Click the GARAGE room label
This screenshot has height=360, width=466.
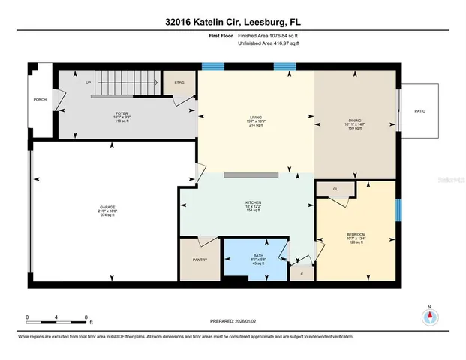point(108,205)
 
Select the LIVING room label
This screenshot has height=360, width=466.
point(256,118)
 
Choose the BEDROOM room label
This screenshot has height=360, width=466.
point(355,235)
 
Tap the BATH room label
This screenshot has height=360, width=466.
point(257,255)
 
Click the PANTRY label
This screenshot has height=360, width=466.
point(200,259)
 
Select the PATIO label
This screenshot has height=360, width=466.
point(419,110)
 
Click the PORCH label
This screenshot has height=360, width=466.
point(40,100)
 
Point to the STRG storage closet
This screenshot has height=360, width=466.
point(179,83)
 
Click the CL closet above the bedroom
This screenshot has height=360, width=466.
point(335,190)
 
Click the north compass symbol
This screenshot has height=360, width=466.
point(429,316)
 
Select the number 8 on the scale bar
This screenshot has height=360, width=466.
point(87,316)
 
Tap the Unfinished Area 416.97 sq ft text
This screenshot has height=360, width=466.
point(269,44)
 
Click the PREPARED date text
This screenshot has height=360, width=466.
point(233,321)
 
